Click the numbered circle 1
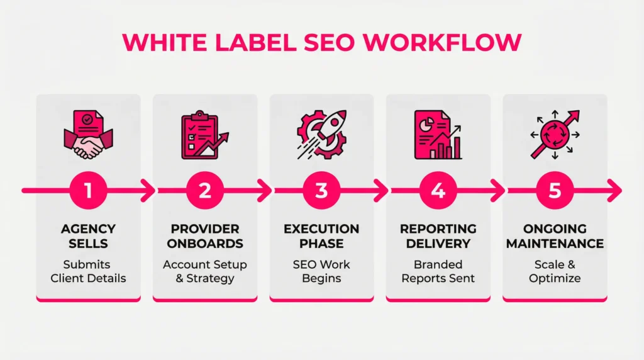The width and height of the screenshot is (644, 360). click(x=88, y=189)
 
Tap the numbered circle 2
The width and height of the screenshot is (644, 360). click(x=205, y=189)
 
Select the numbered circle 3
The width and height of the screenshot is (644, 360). click(x=321, y=189)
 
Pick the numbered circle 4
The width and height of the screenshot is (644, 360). click(x=438, y=189)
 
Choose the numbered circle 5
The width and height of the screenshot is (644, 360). click(x=555, y=189)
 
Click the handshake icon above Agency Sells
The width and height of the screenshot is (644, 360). click(x=88, y=135)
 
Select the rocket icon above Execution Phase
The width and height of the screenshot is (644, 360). click(x=321, y=133)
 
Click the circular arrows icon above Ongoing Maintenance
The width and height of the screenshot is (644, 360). click(x=553, y=135)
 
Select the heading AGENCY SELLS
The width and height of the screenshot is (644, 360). click(x=88, y=236)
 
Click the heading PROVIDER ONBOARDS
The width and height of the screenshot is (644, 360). click(x=205, y=236)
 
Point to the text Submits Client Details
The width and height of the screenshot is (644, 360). click(x=88, y=271)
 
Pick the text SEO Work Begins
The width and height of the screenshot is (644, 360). click(x=321, y=271)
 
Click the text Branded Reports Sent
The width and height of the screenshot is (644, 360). click(x=438, y=271)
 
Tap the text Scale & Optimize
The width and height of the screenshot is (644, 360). click(x=555, y=271)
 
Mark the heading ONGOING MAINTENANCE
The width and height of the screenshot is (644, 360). click(x=555, y=236)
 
